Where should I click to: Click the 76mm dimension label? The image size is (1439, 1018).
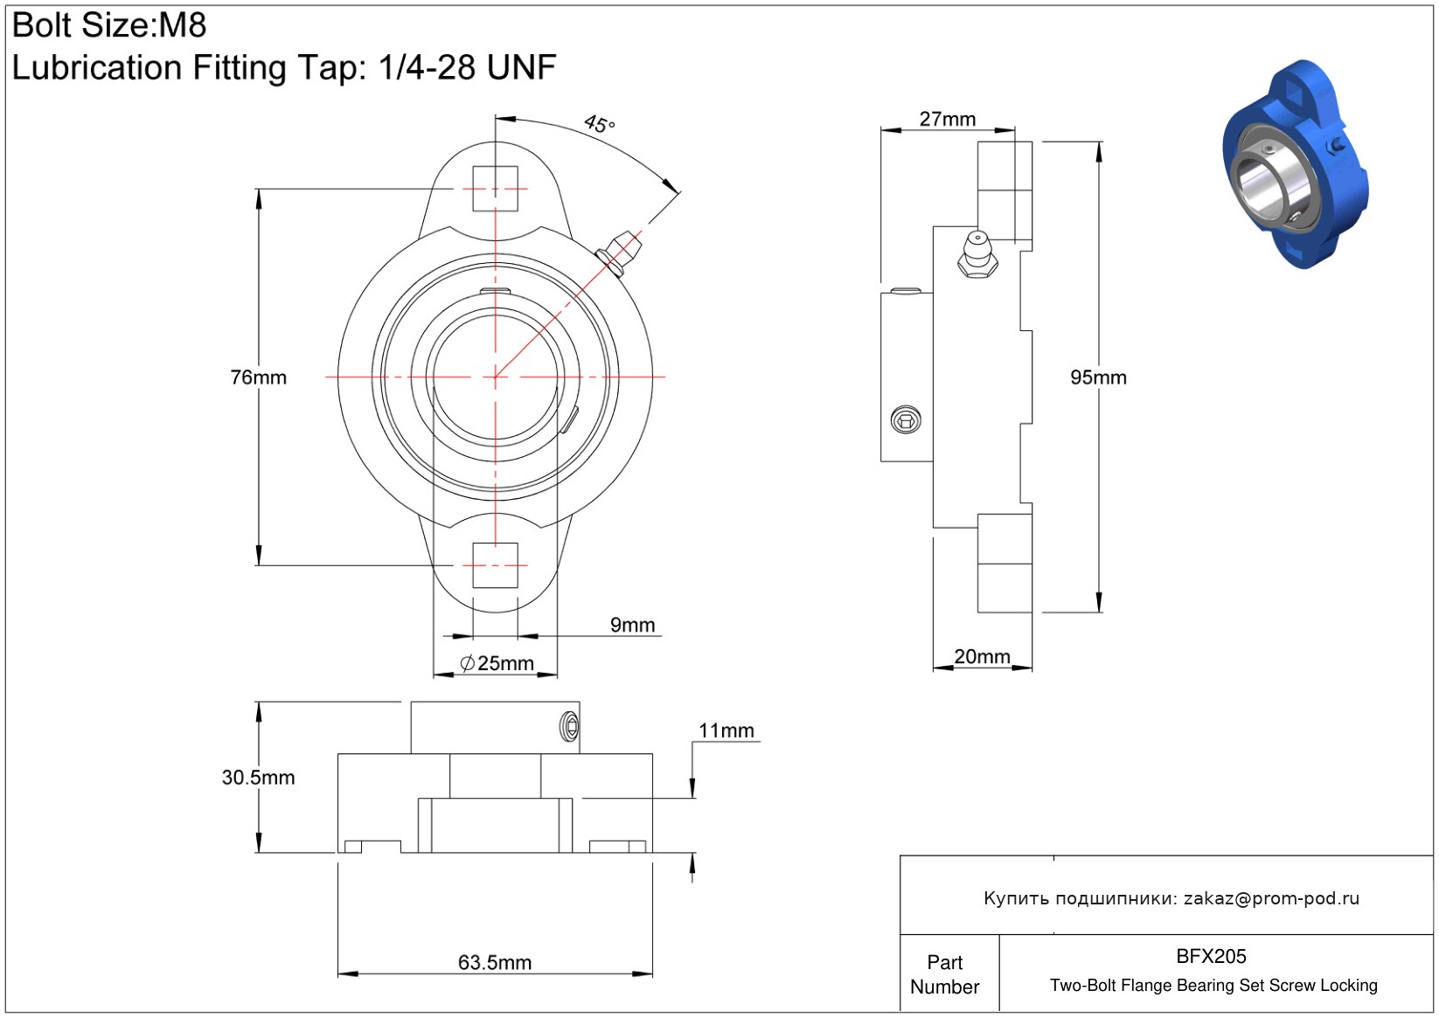pyautogui.click(x=258, y=377)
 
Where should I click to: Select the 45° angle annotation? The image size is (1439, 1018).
pyautogui.click(x=599, y=124)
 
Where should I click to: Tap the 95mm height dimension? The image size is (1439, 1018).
pyautogui.click(x=1098, y=377)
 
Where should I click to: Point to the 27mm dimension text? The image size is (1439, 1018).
pyautogui.click(x=947, y=119)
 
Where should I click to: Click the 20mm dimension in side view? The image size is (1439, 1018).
pyautogui.click(x=982, y=656)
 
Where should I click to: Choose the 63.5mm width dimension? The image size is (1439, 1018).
pyautogui.click(x=495, y=962)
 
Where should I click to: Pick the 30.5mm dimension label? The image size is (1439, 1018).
pyautogui.click(x=258, y=777)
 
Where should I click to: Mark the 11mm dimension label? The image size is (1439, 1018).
pyautogui.click(x=726, y=731)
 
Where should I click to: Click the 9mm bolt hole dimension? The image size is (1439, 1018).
pyautogui.click(x=632, y=625)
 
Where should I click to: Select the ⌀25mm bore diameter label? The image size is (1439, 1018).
pyautogui.click(x=497, y=663)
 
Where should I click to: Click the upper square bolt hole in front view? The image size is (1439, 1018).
pyautogui.click(x=495, y=189)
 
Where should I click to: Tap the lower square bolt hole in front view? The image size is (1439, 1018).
pyautogui.click(x=495, y=564)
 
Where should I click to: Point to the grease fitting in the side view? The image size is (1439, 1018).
pyautogui.click(x=977, y=254)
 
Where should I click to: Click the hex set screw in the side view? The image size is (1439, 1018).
pyautogui.click(x=906, y=421)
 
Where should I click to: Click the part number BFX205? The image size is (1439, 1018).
pyautogui.click(x=1211, y=956)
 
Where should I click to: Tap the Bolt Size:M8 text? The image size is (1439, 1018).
pyautogui.click(x=109, y=25)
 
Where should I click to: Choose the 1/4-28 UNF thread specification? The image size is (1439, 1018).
pyautogui.click(x=467, y=67)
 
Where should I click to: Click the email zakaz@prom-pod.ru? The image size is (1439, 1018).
pyautogui.click(x=1271, y=898)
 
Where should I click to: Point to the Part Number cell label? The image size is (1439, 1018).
pyautogui.click(x=944, y=974)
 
